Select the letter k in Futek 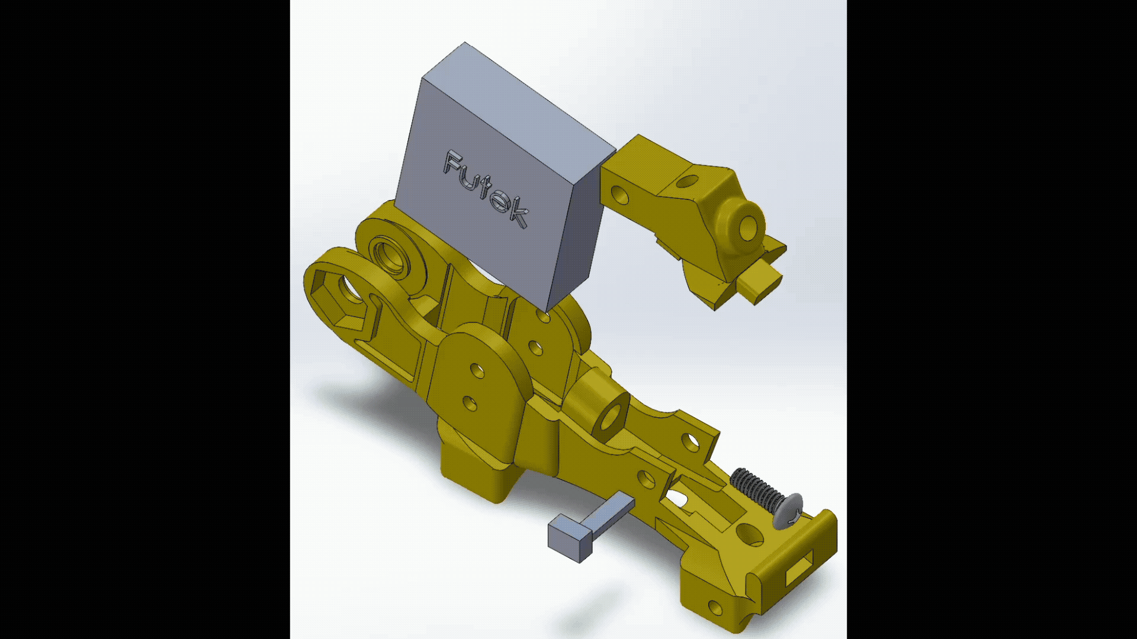pos(518,212)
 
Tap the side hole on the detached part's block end pos(619,194)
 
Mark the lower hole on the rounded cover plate pos(470,404)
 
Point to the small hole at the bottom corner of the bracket pos(715,607)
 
